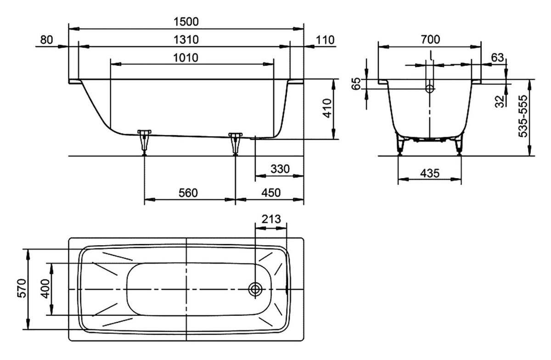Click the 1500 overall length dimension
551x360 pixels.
186,21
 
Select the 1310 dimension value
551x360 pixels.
186,39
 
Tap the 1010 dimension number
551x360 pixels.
186,58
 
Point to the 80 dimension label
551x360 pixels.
46,39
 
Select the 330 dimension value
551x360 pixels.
280,169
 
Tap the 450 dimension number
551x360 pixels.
271,193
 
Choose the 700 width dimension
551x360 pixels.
430,39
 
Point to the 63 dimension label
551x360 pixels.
497,58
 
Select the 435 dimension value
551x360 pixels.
430,174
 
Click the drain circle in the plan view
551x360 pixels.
256,289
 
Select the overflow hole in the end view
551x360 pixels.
430,89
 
